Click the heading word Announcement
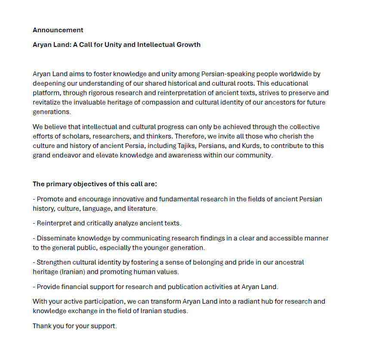[x=58, y=30]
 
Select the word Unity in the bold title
[x=113, y=45]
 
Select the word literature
[x=142, y=209]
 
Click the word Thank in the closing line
[x=42, y=326]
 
